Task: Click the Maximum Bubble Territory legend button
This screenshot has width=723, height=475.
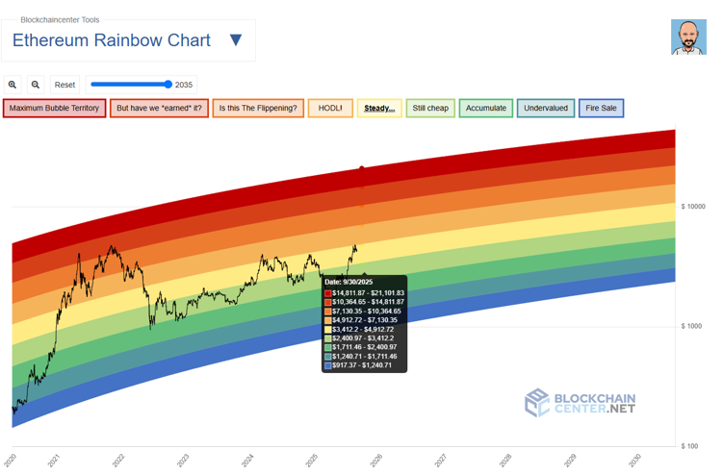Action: (54, 108)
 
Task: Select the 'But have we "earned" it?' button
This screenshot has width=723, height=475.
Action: (159, 108)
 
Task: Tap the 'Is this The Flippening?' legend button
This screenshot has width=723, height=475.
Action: (258, 108)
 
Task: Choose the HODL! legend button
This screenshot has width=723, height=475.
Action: (330, 108)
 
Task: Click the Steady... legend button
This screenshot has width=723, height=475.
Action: (379, 108)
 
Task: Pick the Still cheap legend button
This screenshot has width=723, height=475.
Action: (430, 108)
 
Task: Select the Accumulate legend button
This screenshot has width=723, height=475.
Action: (486, 108)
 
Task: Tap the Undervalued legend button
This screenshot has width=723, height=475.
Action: (546, 108)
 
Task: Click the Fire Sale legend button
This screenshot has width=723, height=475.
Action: (602, 108)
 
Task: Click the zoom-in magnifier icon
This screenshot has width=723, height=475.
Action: (13, 85)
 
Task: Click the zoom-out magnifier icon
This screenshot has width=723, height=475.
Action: (36, 85)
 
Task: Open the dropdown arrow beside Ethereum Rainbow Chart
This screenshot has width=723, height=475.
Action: (236, 40)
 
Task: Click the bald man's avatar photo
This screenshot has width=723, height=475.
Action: (688, 37)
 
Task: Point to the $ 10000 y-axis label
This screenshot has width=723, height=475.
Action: (693, 207)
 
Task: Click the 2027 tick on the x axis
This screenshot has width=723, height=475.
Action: (440, 461)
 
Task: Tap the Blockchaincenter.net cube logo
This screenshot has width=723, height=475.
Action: (536, 402)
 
